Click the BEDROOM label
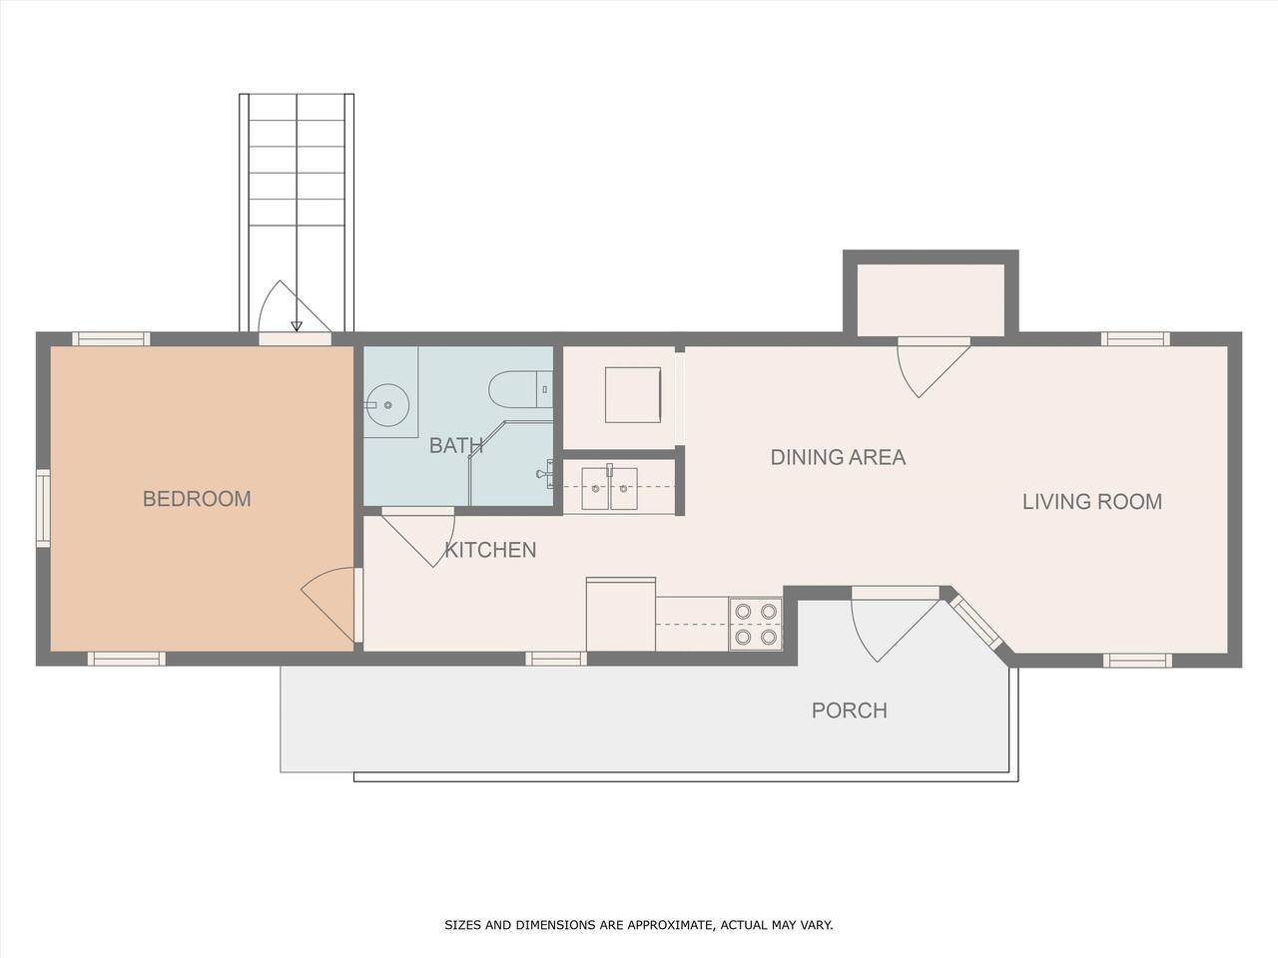[x=197, y=499]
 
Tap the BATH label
[x=456, y=446]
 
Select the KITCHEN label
[x=490, y=550]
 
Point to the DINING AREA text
[x=838, y=457]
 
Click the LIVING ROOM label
[x=1092, y=502]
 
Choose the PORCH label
[x=850, y=711]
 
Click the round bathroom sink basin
[x=387, y=405]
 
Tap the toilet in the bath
[x=520, y=389]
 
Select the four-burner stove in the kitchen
[x=755, y=624]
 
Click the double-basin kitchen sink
[x=609, y=489]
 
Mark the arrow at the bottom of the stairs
[x=297, y=325]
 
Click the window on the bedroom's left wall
[x=43, y=508]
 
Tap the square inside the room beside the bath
[x=633, y=395]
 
